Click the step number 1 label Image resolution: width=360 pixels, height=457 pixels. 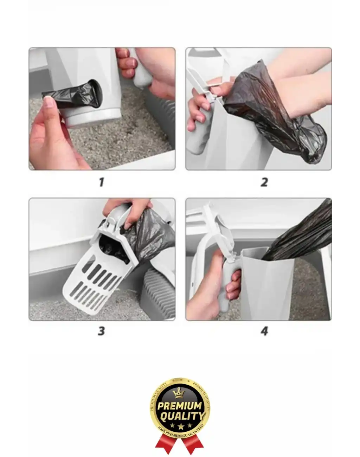point(102,182)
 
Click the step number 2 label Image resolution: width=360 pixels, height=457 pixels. point(264,182)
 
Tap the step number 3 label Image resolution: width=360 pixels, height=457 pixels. point(101,331)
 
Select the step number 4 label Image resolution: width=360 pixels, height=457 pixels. point(264,331)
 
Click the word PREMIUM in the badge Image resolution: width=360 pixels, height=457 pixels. point(180,406)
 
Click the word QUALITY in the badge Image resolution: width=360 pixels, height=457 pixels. point(182,417)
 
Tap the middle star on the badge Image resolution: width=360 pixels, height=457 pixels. point(180,426)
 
